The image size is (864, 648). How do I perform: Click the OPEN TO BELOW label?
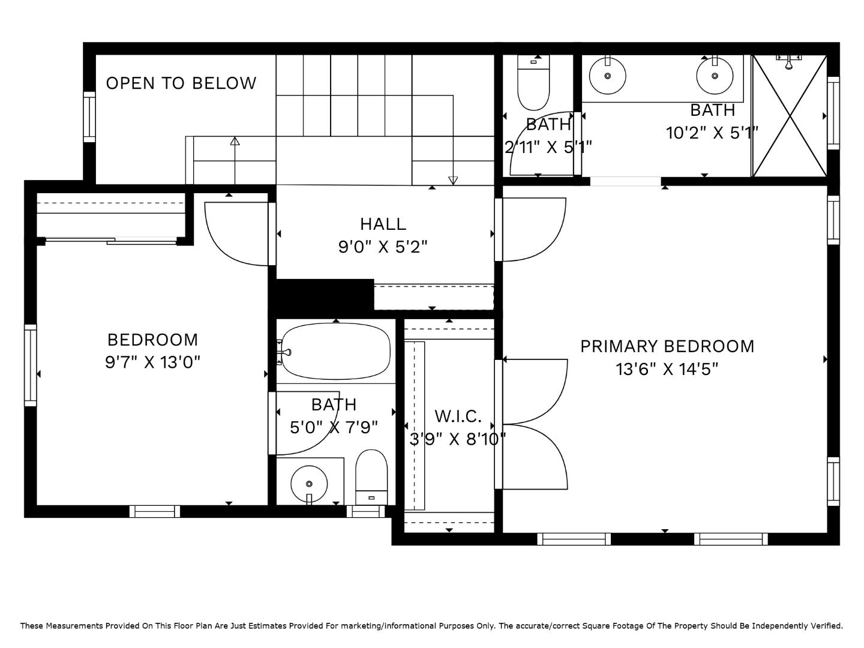181,83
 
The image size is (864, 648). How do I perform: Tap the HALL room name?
383,224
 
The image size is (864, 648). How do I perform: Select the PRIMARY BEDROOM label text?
667,346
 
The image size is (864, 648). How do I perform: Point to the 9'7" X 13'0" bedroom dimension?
152,362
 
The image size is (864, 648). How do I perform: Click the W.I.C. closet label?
458,416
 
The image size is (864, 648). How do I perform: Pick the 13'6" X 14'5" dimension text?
667,369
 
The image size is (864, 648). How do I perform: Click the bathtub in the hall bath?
336,351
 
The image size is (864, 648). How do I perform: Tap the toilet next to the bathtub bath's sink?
371,477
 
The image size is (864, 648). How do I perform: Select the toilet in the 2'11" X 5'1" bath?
533,84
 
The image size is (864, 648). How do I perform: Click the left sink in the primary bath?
607,76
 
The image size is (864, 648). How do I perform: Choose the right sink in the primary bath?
715,76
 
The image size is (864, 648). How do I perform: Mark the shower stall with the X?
790,116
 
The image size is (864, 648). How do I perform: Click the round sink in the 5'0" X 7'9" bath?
309,483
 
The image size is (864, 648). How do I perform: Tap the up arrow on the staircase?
235,142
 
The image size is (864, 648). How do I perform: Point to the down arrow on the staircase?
453,181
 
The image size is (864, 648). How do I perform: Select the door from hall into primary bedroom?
533,230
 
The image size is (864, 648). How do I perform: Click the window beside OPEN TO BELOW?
89,117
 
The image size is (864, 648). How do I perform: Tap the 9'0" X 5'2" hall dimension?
383,247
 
